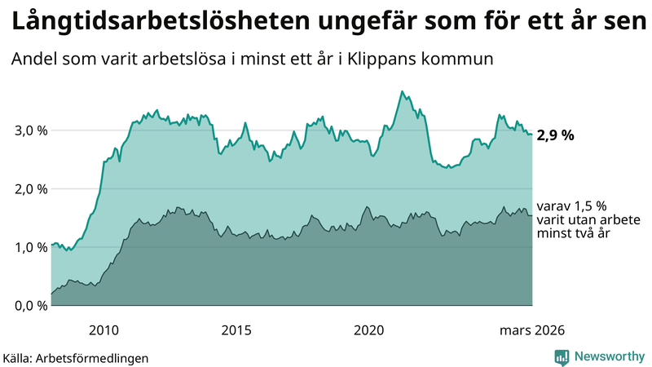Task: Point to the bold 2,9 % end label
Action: pos(556,135)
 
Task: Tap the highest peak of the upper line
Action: pos(402,91)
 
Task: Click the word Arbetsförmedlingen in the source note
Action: pos(97,358)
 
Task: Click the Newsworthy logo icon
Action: pos(562,356)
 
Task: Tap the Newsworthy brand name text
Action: pos(609,356)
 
